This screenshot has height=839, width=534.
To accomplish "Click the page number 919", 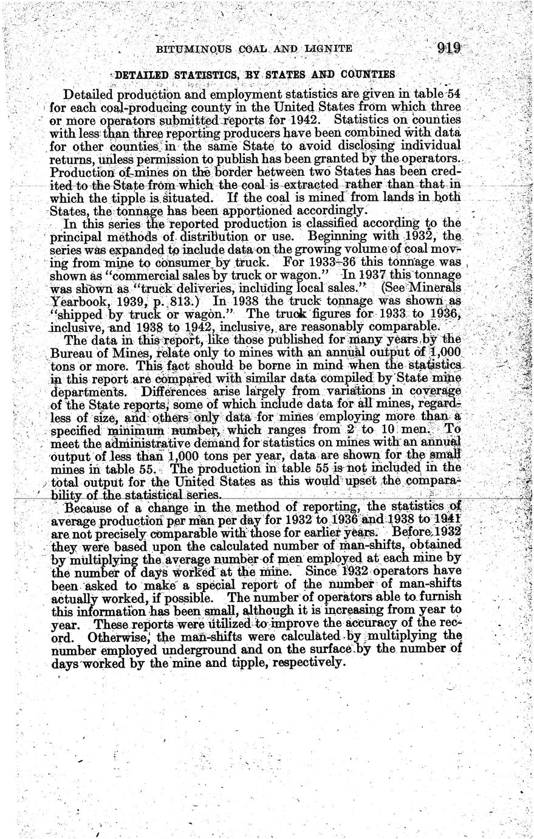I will pyautogui.click(x=449, y=49).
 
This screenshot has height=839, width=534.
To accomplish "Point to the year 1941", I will pyautogui.click(x=449, y=520).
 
